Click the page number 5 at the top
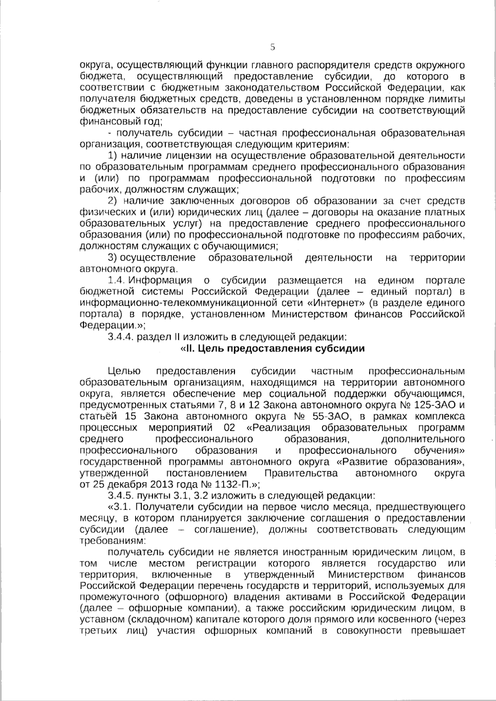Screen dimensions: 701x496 (x=272, y=47)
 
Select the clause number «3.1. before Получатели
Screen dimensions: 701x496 (x=118, y=506)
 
